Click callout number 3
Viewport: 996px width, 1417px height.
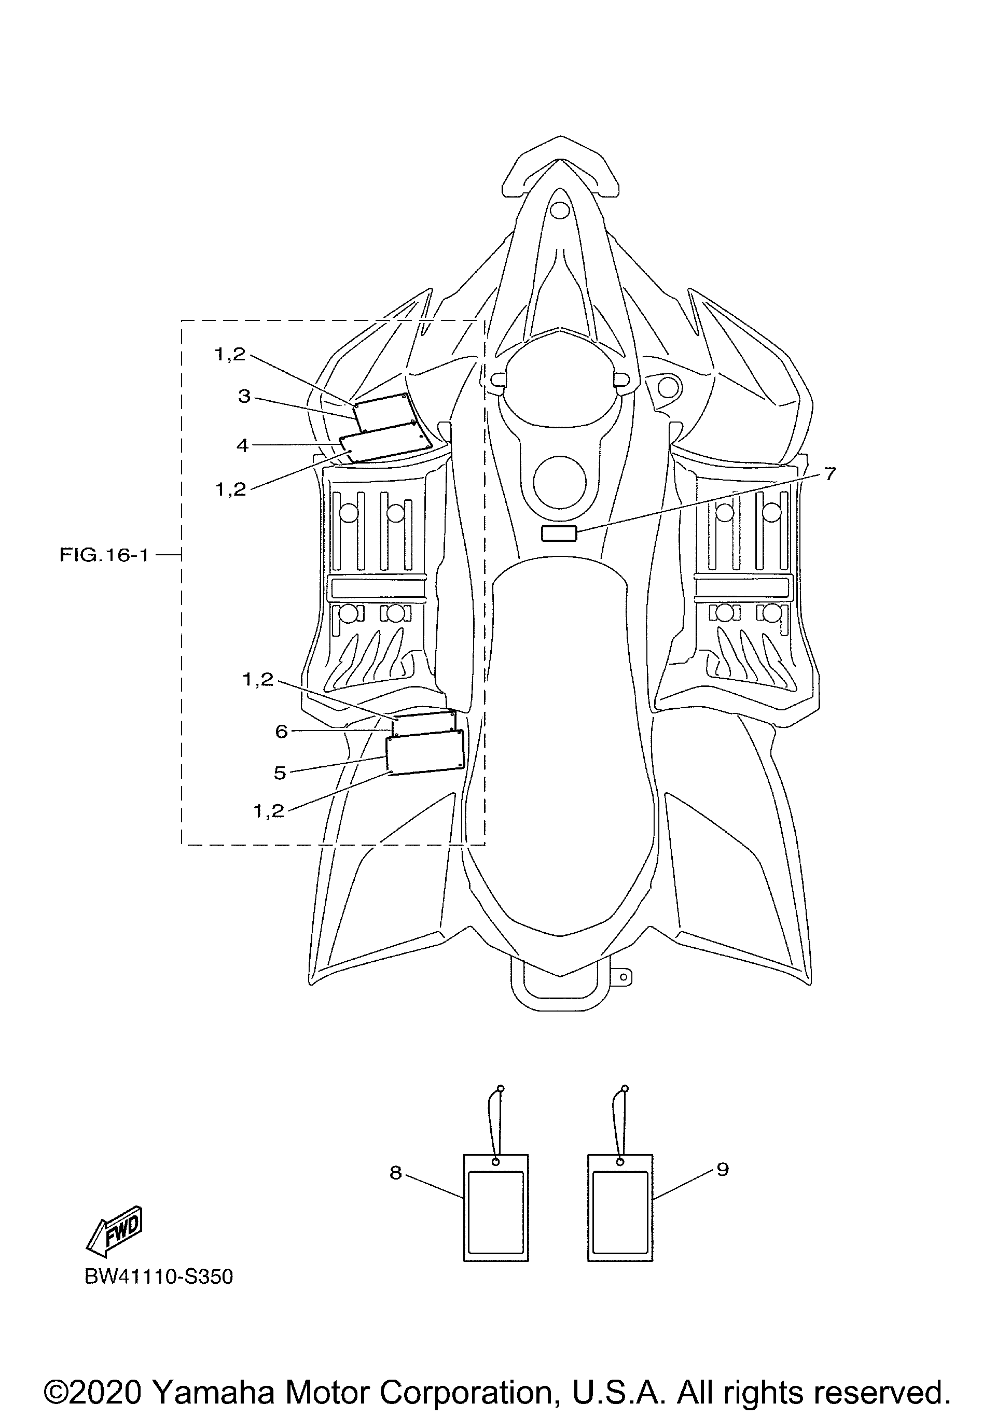244,396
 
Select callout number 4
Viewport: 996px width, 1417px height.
243,445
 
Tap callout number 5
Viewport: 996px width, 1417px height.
280,773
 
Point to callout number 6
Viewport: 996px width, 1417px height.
282,732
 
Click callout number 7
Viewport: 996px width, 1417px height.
830,473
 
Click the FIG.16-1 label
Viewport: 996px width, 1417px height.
104,555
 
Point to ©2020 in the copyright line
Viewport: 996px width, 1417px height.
93,1376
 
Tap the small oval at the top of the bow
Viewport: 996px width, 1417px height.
559,211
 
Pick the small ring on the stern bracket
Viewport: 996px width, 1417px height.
624,977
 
